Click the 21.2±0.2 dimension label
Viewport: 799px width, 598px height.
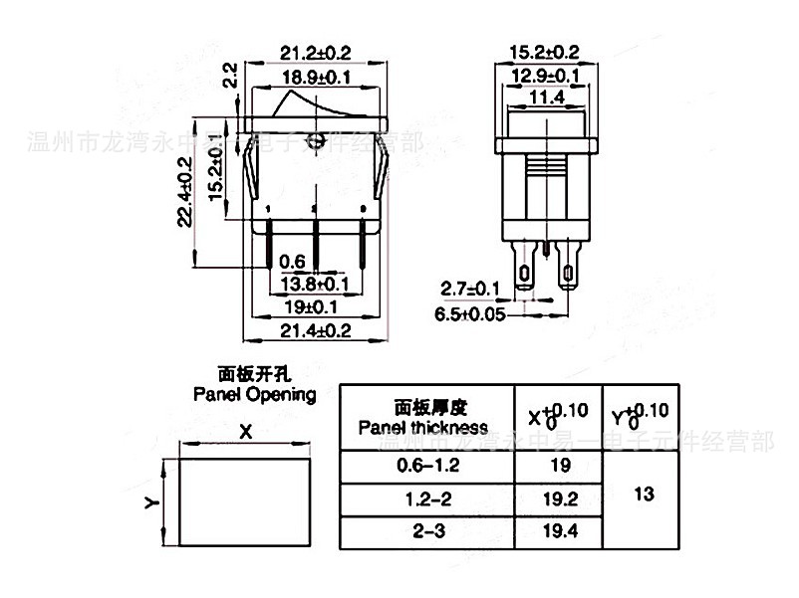point(315,52)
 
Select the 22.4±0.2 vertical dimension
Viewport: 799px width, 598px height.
point(185,202)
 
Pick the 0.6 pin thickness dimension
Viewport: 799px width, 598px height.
point(291,261)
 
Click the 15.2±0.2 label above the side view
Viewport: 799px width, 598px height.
point(544,52)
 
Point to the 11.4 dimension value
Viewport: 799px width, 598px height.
point(546,97)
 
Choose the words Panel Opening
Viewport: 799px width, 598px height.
point(254,394)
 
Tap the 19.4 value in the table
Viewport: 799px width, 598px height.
point(561,531)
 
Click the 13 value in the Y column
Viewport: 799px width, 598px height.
point(644,494)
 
